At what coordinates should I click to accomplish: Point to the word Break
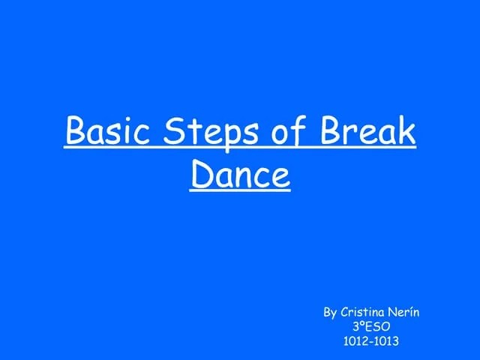coord(367,133)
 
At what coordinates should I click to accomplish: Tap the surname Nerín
coord(403,311)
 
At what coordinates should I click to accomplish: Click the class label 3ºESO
coord(370,326)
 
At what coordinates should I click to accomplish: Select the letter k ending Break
coord(406,133)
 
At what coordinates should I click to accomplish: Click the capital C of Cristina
coord(344,311)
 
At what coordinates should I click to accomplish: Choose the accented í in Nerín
coord(409,311)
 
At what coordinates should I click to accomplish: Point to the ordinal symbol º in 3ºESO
coord(361,324)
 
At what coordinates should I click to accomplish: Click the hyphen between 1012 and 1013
coord(370,342)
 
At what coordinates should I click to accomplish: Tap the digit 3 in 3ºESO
coord(355,326)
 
